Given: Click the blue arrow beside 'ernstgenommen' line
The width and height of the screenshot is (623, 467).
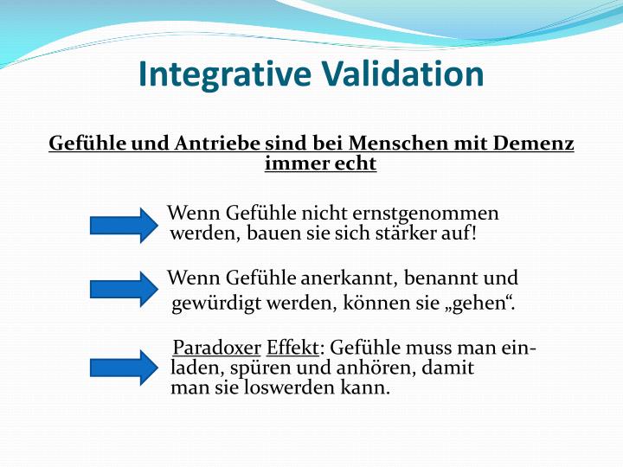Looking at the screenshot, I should click(120, 225).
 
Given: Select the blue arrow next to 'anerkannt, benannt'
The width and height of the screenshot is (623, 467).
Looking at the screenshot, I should click(120, 289).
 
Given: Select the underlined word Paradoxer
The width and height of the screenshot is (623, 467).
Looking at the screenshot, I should click(216, 349).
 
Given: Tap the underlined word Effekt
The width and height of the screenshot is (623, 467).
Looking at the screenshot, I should click(292, 349).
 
